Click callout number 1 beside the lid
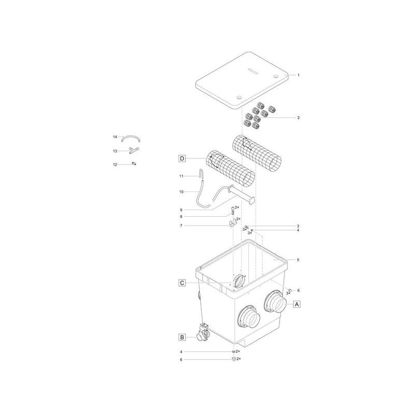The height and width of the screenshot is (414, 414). point(298,75)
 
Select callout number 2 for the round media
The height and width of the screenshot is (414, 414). point(298,118)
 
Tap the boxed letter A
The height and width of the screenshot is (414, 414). point(297,304)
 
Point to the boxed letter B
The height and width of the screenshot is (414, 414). point(182,337)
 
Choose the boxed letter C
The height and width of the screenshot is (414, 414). point(182,283)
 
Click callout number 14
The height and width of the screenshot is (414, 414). point(115,137)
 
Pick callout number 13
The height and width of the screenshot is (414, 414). point(115,151)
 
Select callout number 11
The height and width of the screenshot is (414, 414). point(182,176)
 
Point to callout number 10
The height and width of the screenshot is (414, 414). point(182,191)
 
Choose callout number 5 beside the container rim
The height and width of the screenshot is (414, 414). point(298,259)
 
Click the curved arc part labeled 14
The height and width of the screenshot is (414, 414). point(131,138)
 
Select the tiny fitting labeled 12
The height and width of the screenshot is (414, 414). point(134,164)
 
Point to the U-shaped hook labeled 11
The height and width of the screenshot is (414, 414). point(201,176)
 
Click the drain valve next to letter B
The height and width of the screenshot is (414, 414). point(202,333)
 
